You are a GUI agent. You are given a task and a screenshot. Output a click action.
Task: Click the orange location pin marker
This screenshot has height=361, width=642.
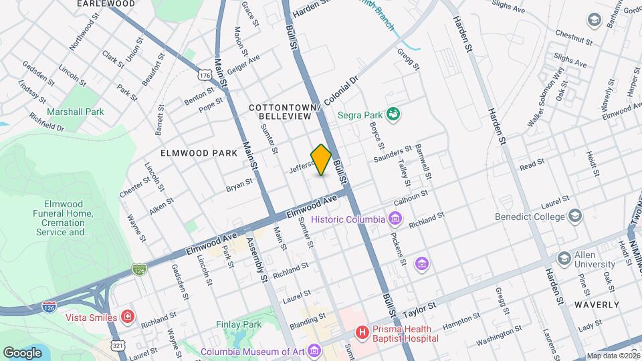coord(321,160)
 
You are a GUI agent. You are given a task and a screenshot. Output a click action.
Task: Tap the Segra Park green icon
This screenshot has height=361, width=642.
coord(395,114)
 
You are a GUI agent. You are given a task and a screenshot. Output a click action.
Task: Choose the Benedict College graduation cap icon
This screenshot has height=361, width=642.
coord(574,216)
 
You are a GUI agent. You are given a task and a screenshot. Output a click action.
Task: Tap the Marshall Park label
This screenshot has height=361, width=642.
coord(75,112)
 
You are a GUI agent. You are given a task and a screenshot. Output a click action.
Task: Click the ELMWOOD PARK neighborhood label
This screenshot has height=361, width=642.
coord(199,153)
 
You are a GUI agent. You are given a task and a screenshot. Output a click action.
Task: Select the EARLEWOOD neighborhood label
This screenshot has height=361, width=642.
coord(106,4)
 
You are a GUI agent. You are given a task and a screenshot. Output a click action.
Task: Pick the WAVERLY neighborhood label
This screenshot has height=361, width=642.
coord(596,304)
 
